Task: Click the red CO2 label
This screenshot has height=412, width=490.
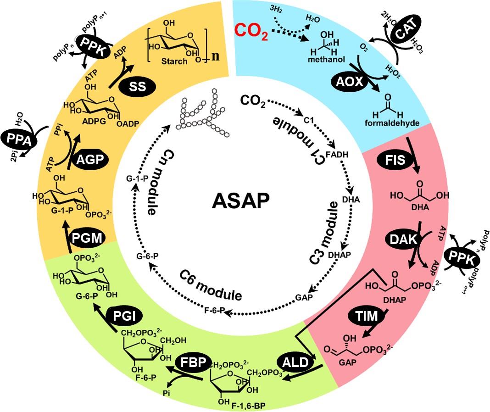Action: [x=251, y=31]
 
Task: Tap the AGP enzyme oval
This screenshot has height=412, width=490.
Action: [x=87, y=159]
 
